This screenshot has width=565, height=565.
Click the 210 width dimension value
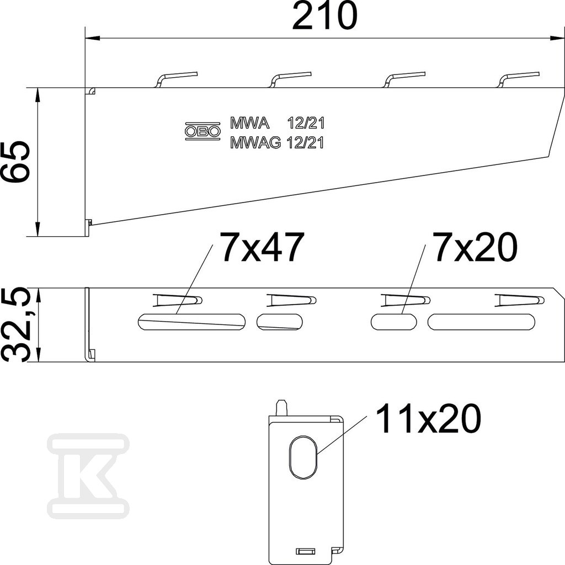(x=324, y=15)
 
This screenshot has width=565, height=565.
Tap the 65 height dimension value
(x=14, y=162)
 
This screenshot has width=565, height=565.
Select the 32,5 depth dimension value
(x=14, y=324)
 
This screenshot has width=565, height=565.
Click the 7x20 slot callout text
(x=476, y=247)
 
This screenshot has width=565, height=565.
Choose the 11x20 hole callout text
(x=428, y=418)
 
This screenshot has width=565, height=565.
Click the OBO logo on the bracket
(x=202, y=131)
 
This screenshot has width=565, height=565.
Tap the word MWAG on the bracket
(x=255, y=143)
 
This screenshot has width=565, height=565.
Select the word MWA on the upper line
(x=249, y=123)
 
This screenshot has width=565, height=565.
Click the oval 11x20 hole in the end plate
(x=303, y=457)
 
